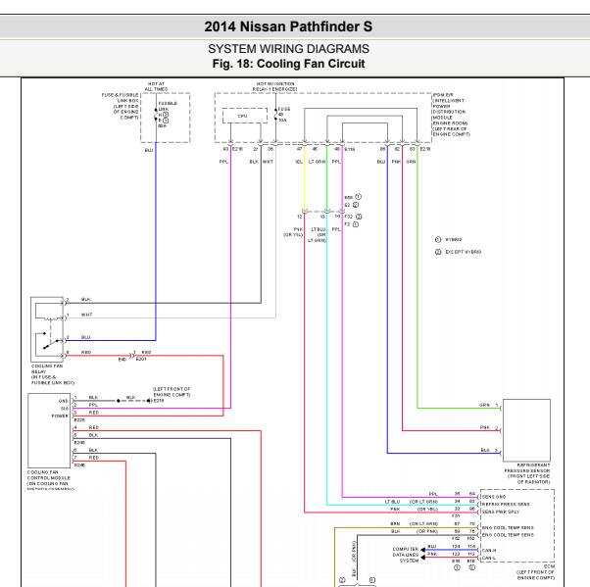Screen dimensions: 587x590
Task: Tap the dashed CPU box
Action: coord(241,116)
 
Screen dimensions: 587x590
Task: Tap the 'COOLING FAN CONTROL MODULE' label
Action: coord(50,478)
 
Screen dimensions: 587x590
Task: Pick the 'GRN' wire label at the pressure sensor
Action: coord(484,405)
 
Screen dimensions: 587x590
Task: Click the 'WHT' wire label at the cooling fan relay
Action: coord(87,316)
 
